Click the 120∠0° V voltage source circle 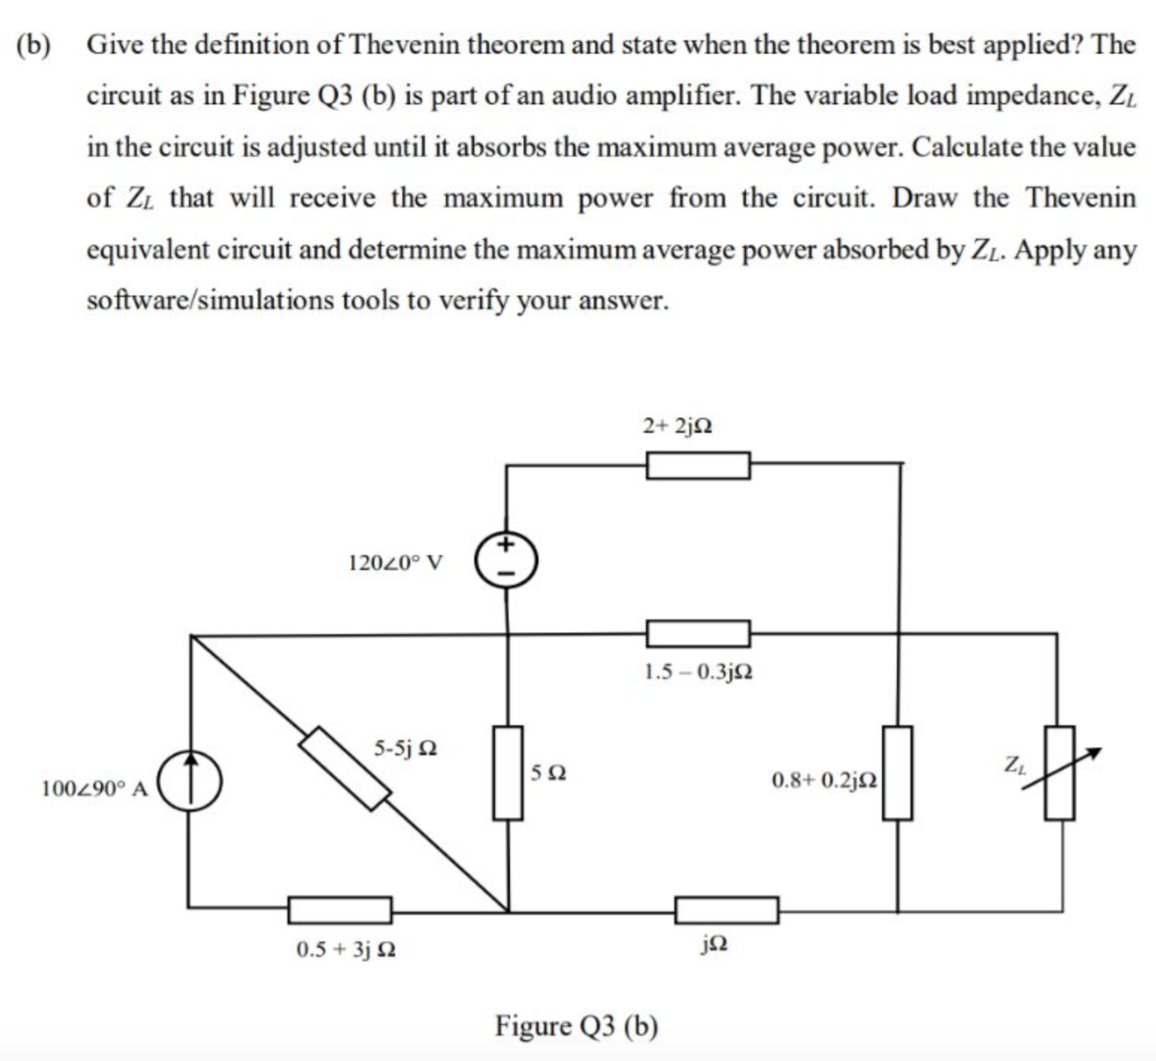coord(506,560)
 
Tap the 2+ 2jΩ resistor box coord(698,466)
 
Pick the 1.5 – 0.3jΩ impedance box coord(698,633)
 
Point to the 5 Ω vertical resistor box coord(508,772)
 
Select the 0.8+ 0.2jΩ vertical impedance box coord(898,772)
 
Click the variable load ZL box coord(1059,772)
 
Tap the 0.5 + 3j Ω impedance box coord(340,910)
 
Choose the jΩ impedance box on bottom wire coord(727,910)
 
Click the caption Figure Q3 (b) coord(577,1026)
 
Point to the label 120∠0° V coord(395,562)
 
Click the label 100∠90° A coord(95,788)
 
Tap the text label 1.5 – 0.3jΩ coord(698,672)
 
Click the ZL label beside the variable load coord(1014,764)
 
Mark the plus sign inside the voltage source coord(506,544)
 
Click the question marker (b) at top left coord(35,45)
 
